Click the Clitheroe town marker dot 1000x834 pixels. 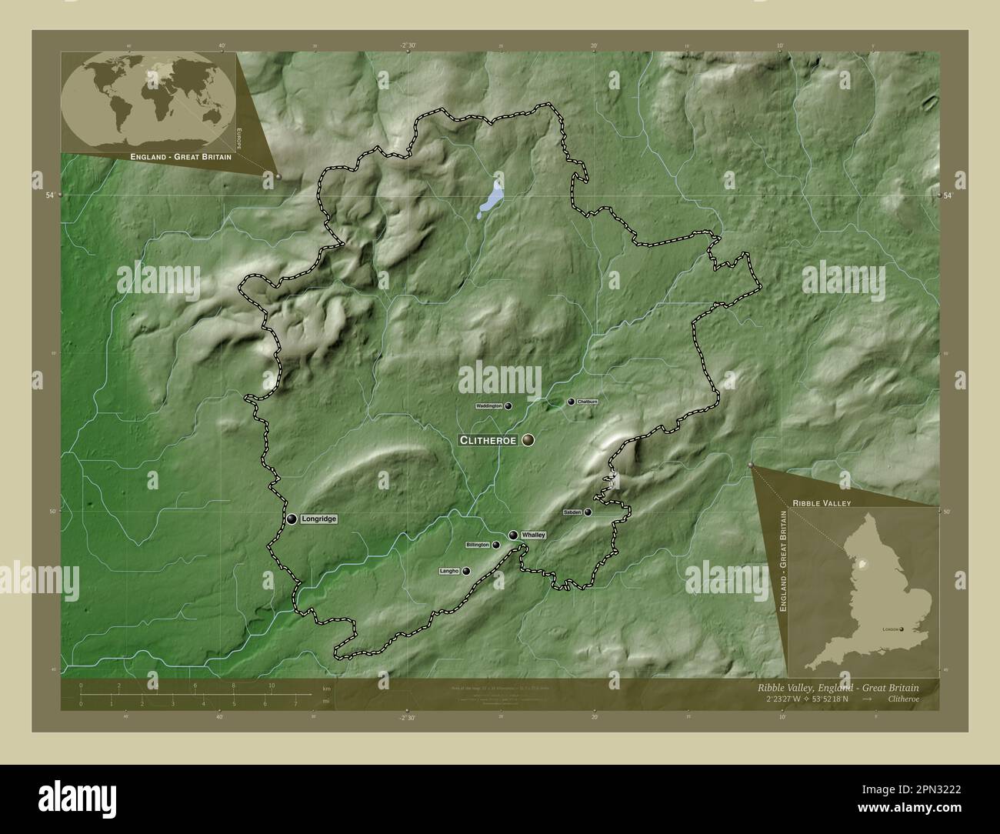pos(528,440)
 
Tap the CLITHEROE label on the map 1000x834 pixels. pos(488,440)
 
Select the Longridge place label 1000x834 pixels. pos(318,519)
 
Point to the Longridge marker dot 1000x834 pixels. pos(292,519)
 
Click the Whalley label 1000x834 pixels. pos(533,535)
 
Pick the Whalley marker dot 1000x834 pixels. pos(512,535)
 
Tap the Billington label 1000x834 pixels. pos(478,545)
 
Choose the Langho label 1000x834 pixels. pos(449,571)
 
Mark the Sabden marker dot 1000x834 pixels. pos(588,512)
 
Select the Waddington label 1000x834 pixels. pos(489,405)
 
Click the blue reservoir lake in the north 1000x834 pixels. pos(491,198)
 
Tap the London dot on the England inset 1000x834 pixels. pos(903,629)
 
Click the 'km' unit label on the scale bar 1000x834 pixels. pos(326,688)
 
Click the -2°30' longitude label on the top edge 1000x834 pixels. pos(408,46)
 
